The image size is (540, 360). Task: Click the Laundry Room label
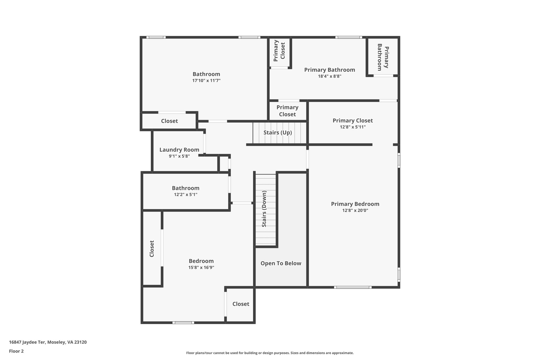[x=179, y=150]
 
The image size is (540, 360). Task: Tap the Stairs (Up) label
[x=278, y=132]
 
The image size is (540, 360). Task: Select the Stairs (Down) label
[x=264, y=209]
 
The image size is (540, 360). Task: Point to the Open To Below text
[x=281, y=263]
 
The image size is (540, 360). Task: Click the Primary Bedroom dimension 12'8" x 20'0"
[x=355, y=210]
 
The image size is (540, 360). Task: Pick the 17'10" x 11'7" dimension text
[x=206, y=81]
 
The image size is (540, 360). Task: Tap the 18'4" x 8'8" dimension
[x=330, y=76]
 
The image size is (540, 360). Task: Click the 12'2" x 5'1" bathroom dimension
[x=186, y=195]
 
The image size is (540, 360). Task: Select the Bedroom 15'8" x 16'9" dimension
[x=201, y=267]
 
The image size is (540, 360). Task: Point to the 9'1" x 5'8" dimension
[x=179, y=156]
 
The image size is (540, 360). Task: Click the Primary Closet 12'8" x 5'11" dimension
[x=353, y=127]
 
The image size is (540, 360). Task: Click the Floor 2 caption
[x=16, y=351]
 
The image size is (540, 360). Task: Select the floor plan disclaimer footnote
[x=270, y=353]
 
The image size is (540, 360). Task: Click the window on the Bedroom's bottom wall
[x=183, y=323]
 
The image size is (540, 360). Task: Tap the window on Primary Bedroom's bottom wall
[x=353, y=287]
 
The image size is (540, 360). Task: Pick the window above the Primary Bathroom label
[x=349, y=37]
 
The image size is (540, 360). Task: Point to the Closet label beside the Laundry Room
[x=169, y=121]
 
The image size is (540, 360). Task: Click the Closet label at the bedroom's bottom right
[x=241, y=304]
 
